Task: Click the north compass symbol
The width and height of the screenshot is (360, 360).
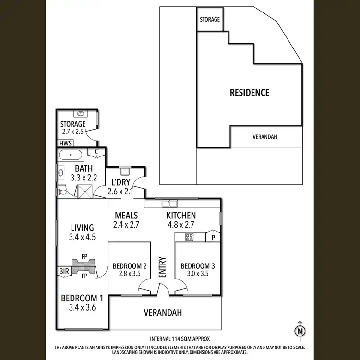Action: click(300, 331)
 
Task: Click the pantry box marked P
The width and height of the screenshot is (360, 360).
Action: click(213, 237)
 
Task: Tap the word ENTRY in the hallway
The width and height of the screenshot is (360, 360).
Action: click(162, 267)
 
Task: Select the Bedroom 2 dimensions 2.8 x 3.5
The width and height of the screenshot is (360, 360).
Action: click(129, 275)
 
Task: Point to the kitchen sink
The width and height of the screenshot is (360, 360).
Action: click(169, 202)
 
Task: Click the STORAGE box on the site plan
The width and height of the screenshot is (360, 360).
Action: click(210, 20)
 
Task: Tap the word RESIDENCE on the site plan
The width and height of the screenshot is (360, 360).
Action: click(249, 92)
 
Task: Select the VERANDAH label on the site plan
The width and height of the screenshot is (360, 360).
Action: click(265, 137)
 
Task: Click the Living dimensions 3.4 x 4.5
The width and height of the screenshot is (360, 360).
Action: click(81, 236)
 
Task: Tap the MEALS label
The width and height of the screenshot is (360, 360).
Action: click(126, 215)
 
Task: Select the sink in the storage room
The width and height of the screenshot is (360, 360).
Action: click(80, 114)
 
